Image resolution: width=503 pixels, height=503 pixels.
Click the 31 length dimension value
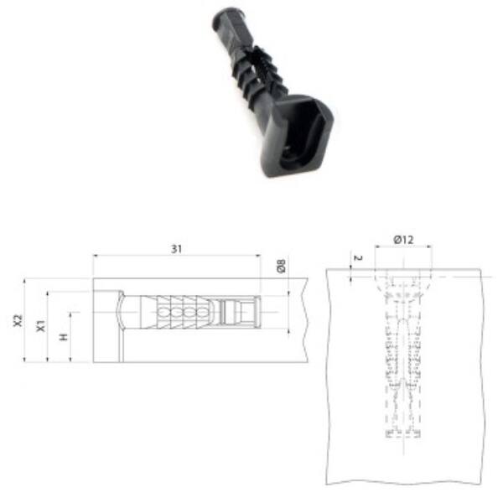click(176, 249)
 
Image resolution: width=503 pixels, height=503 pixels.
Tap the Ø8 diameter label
click(281, 266)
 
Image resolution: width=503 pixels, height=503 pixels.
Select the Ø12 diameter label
click(403, 239)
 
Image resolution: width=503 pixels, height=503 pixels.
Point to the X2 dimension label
click(18, 320)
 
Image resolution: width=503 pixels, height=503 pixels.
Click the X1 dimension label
click(40, 325)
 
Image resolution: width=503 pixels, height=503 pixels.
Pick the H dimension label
click(64, 337)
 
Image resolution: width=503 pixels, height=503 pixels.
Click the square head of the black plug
click(297, 135)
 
